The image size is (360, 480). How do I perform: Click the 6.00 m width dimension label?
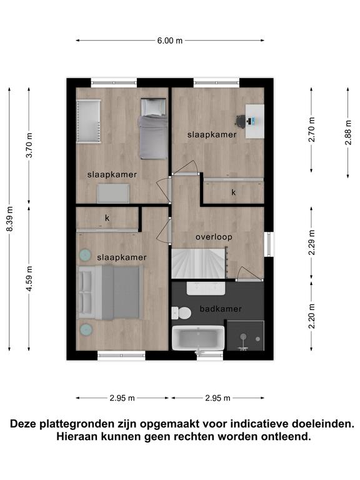coord(170,41)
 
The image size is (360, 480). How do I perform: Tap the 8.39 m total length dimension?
coord(10,219)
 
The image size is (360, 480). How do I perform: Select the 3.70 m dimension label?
coord(29,145)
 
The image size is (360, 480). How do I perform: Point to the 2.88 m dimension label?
coord(348,132)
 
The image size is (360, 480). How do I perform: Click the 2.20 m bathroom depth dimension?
coord(312,316)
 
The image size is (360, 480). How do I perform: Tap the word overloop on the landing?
coord(214,237)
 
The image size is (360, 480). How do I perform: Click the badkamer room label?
coord(221,309)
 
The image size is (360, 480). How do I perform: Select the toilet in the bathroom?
coord(181,313)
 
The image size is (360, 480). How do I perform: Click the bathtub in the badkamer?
coord(198,338)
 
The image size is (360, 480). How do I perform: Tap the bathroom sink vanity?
coord(206,288)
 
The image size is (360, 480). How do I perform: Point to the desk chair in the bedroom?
coord(241,121)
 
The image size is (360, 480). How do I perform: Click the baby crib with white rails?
coord(89,121)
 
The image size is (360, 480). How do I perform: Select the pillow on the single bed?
coord(153,107)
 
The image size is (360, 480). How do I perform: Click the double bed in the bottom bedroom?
coord(110,292)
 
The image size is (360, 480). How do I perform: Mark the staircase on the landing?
coord(199,263)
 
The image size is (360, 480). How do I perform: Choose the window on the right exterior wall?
coord(269,244)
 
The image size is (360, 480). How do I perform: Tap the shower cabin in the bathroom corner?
coord(246,336)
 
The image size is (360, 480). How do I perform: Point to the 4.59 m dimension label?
coord(29,279)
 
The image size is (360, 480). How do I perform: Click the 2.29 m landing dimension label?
coord(312,242)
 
